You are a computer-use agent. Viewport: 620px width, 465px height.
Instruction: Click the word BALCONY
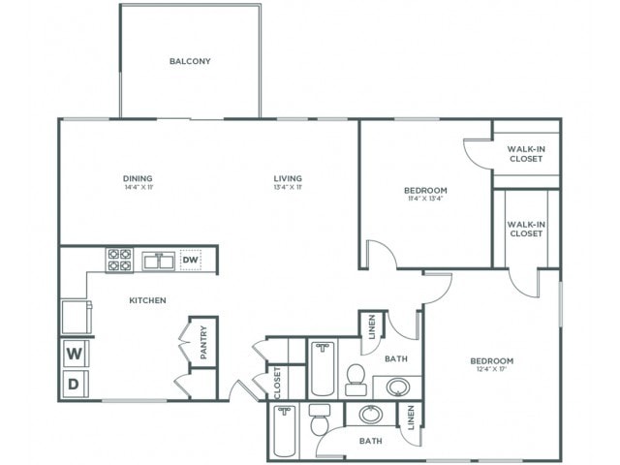(190, 61)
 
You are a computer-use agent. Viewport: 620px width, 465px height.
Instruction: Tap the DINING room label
(138, 178)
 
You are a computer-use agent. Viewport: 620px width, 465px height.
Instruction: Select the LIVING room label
(288, 178)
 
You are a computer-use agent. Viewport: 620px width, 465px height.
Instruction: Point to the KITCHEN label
(148, 300)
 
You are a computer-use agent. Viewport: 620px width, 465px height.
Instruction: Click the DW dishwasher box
(191, 260)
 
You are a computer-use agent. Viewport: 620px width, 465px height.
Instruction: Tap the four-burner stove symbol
(119, 260)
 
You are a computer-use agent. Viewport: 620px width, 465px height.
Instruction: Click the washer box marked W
(74, 354)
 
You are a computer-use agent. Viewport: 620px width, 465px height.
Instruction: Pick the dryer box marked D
(74, 385)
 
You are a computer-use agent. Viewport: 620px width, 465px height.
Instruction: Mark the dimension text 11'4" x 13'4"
(425, 200)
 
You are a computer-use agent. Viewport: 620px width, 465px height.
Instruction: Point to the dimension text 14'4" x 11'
(138, 188)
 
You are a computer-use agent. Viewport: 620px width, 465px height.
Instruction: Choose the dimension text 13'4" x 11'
(288, 188)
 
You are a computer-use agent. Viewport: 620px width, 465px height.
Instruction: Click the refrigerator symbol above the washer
(75, 316)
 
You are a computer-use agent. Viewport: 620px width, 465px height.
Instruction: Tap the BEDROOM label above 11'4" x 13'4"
(425, 189)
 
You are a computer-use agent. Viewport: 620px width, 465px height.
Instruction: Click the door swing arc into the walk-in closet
(477, 153)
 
